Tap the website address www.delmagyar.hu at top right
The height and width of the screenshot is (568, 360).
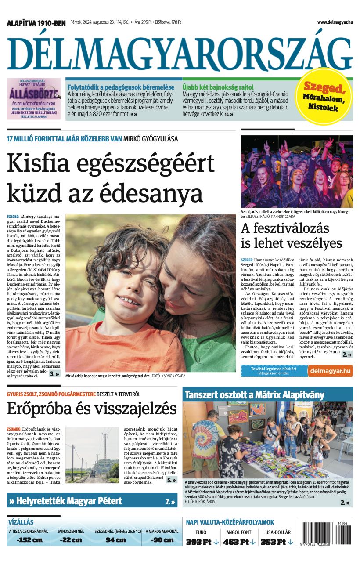(x=335, y=22)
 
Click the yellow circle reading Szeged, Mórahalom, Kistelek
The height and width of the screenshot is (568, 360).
(x=324, y=95)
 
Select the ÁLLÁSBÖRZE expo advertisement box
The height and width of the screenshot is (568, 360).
(x=34, y=99)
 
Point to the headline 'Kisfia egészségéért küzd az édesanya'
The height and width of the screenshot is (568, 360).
(x=111, y=177)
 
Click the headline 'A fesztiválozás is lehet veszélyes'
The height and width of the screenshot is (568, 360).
(x=291, y=235)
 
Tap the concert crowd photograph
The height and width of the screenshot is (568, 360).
(x=297, y=171)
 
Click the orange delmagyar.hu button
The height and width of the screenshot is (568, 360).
(x=330, y=371)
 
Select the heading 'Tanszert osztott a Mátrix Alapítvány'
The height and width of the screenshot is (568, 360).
(x=254, y=394)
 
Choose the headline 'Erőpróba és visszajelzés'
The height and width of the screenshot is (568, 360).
(x=92, y=409)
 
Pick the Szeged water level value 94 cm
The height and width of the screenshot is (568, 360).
(x=115, y=540)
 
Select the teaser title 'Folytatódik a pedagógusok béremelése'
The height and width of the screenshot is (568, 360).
(x=121, y=87)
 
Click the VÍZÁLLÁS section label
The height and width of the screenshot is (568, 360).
(x=21, y=522)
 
